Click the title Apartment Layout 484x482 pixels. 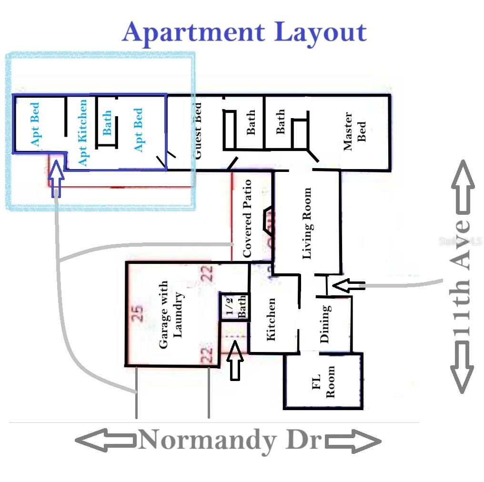(x=244, y=32)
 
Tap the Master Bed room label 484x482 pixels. (x=355, y=131)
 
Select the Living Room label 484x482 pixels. (x=307, y=223)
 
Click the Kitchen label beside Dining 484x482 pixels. (x=271, y=319)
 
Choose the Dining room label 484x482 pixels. (x=325, y=324)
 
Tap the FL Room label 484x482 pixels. (x=323, y=382)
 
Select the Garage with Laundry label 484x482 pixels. (x=171, y=315)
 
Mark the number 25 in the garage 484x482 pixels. (x=139, y=314)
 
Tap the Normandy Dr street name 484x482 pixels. (x=231, y=440)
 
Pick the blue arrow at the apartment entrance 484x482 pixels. (x=57, y=178)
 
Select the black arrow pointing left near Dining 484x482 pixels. (x=348, y=286)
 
